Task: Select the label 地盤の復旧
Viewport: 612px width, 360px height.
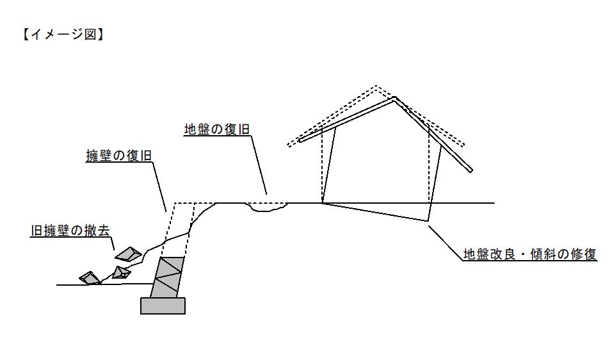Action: (x=216, y=129)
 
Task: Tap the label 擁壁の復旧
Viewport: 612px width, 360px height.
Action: (x=118, y=156)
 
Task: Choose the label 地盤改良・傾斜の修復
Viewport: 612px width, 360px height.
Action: (x=530, y=254)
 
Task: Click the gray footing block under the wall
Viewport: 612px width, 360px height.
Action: (x=163, y=306)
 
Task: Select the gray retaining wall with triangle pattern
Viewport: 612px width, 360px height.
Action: (x=168, y=277)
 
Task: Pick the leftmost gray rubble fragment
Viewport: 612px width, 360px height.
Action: (x=90, y=277)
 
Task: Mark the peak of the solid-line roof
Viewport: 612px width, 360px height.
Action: (x=394, y=97)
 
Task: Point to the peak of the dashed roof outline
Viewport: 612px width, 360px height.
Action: (x=376, y=86)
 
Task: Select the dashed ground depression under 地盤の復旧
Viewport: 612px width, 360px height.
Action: (x=267, y=206)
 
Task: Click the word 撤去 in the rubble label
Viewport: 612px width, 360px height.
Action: (x=91, y=232)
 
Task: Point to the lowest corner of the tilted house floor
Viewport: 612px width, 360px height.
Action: (x=427, y=221)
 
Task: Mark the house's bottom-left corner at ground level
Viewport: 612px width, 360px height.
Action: (x=322, y=203)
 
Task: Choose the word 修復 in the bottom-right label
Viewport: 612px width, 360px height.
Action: (x=583, y=254)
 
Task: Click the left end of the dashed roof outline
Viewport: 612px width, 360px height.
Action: (x=288, y=144)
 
